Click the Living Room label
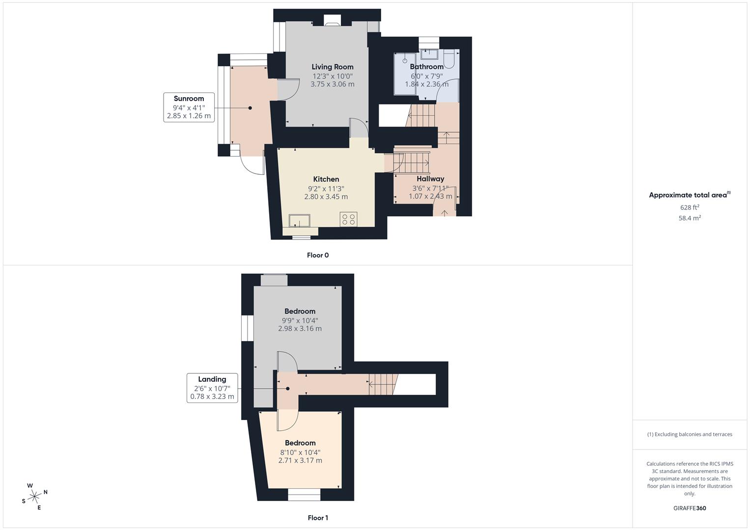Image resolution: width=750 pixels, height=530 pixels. [x=333, y=67]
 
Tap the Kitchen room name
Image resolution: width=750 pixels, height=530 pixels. [x=326, y=179]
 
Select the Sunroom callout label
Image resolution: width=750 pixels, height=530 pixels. [x=189, y=99]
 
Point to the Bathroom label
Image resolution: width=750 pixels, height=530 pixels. [x=426, y=67]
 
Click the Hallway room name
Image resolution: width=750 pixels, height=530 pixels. [x=430, y=179]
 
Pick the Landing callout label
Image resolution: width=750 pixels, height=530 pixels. [x=212, y=379]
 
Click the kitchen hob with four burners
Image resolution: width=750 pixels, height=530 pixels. [x=349, y=219]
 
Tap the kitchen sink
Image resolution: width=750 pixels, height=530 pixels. [x=299, y=220]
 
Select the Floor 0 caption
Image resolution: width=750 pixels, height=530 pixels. [x=318, y=255]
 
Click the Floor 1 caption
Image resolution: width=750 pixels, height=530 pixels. [x=318, y=518]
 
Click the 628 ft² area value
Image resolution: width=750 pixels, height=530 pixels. [x=690, y=208]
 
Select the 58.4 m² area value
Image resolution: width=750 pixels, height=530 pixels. [x=690, y=218]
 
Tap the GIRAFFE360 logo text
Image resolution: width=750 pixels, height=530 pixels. [x=690, y=508]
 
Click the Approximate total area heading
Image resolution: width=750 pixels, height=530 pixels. [x=689, y=195]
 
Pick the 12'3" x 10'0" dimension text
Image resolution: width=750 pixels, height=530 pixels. [x=333, y=76]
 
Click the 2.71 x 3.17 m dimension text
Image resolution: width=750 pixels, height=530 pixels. [x=300, y=460]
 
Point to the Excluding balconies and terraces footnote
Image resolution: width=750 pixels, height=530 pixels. [x=690, y=434]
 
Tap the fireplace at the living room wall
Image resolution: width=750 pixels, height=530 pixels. [x=333, y=21]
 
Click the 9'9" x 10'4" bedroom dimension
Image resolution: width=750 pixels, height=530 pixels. [x=300, y=320]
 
